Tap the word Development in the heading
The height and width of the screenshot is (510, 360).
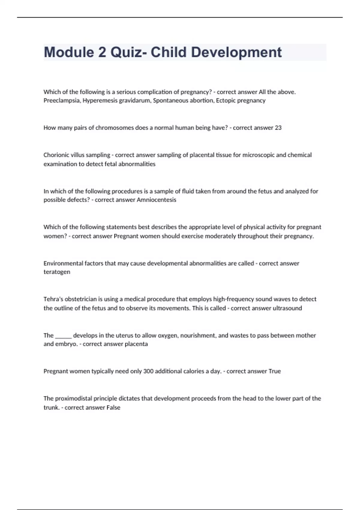[x=236, y=52]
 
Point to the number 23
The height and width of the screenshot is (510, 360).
[x=278, y=128]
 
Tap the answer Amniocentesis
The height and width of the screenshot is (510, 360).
[x=156, y=200]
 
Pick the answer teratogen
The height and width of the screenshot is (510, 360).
[x=57, y=272]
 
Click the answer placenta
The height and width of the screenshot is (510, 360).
[x=136, y=344]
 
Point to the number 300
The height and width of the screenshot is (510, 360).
[x=148, y=371]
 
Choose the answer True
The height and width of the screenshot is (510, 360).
[x=274, y=371]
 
